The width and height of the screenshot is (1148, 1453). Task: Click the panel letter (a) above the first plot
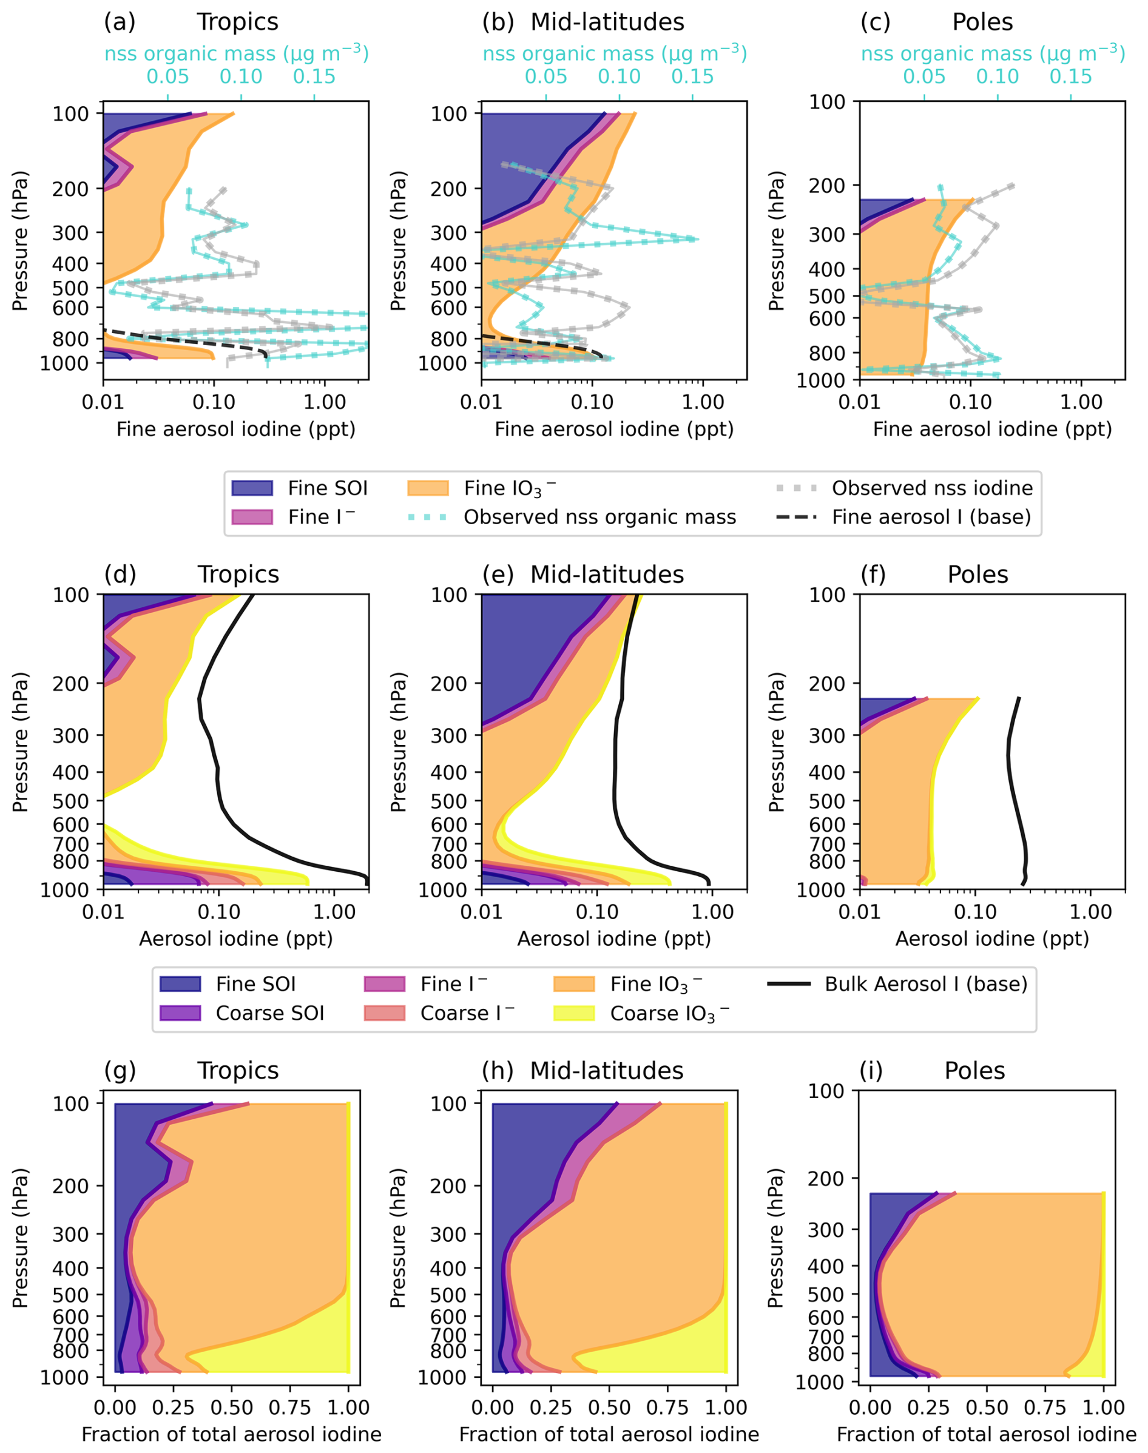coord(120,22)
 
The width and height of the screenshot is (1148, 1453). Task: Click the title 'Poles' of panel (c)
coord(982,22)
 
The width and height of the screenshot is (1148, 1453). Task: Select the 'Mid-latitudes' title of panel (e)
coord(607,575)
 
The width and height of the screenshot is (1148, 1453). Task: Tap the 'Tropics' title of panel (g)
coord(238,1071)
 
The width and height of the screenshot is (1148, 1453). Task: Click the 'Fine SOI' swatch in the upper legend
coord(252,488)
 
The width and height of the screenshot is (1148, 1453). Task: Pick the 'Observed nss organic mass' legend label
coord(599,517)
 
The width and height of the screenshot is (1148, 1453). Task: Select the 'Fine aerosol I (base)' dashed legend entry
coord(797,517)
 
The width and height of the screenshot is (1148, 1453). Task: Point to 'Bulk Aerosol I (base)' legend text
coord(926,984)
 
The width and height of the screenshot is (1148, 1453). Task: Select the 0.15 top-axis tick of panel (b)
coord(692,76)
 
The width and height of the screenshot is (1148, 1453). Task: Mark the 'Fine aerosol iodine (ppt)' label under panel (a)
coord(236,429)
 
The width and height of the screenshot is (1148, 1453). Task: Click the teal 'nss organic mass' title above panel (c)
coord(993,53)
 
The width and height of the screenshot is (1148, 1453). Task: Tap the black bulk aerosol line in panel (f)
coord(1010,773)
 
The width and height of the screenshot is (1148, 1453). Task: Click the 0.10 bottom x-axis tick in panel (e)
coord(597,912)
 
